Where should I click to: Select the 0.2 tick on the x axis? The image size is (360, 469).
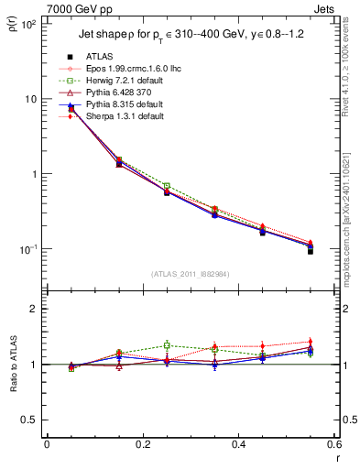coord(142,444)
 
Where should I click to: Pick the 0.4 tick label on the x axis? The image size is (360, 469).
coord(238,444)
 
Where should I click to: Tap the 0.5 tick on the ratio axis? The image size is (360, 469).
coord(29,420)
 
